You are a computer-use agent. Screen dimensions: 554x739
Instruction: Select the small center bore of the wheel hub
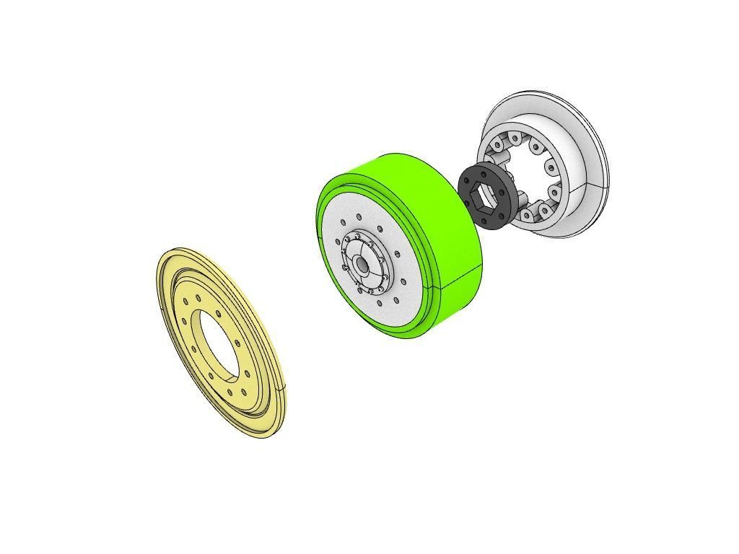(x=362, y=265)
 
